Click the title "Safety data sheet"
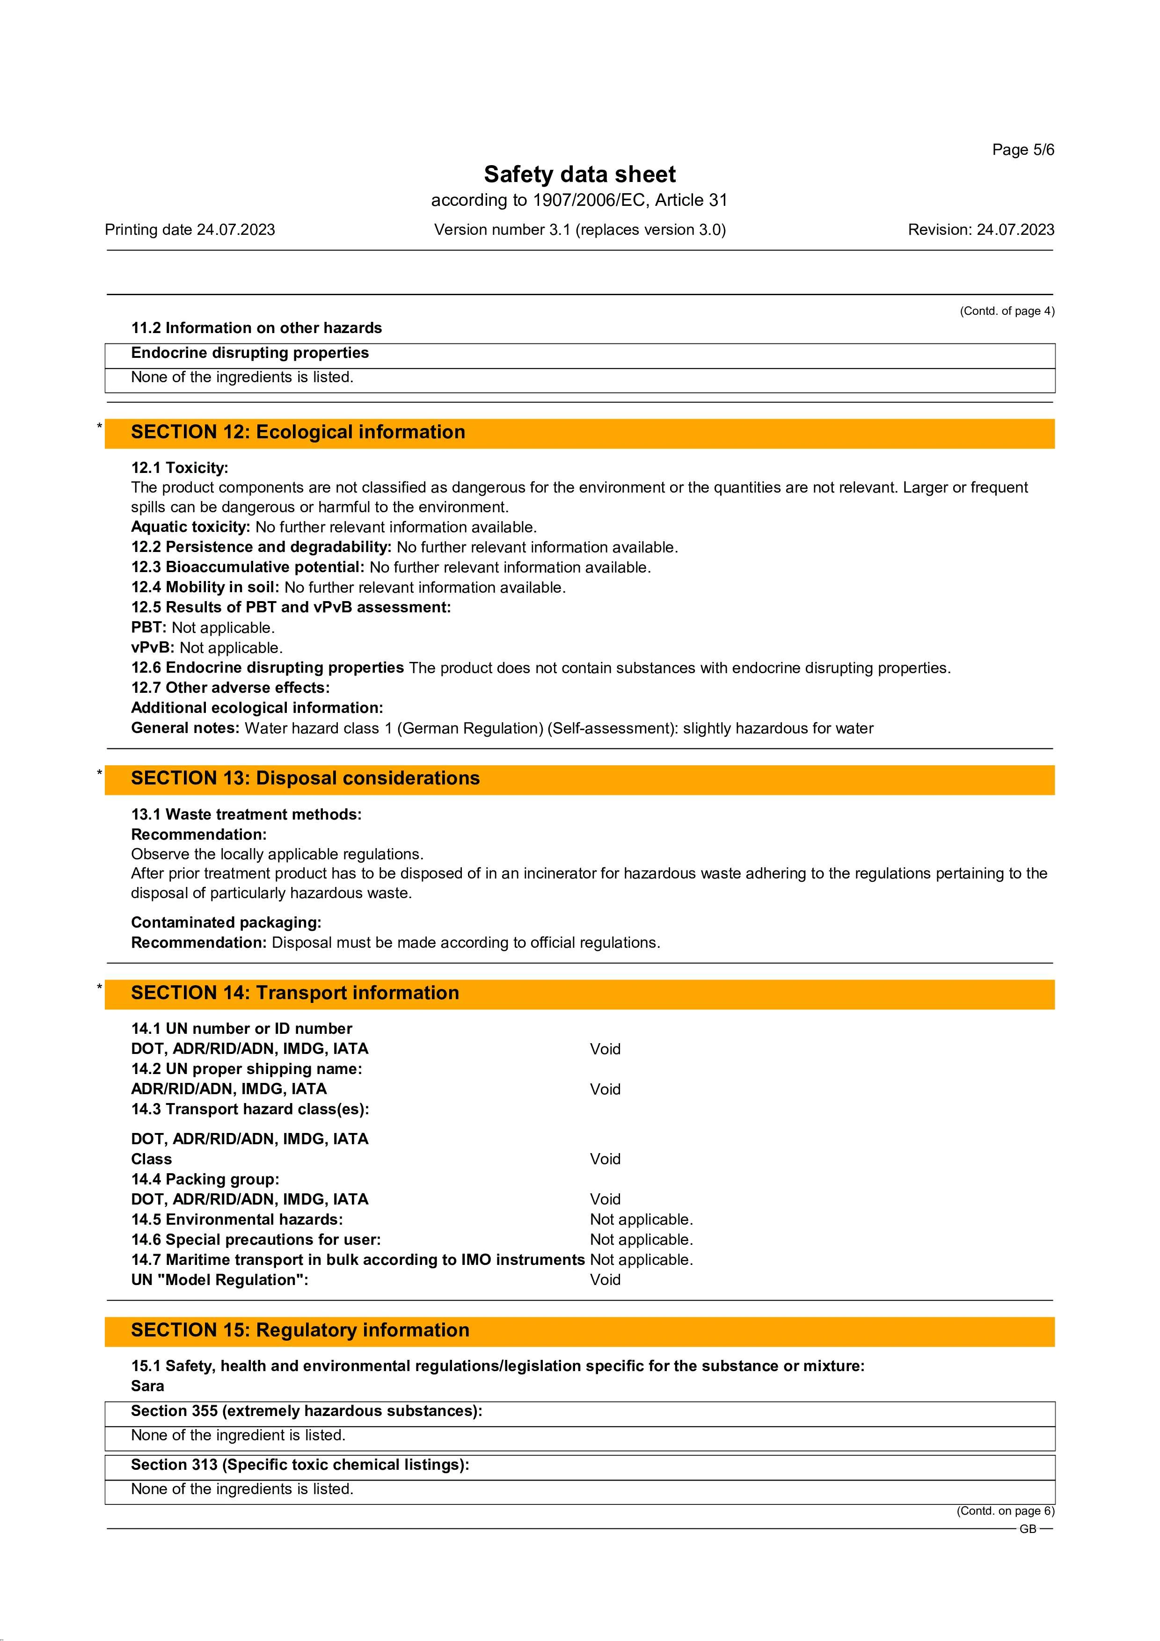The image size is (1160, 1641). point(580,174)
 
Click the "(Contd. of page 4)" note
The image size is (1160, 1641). point(1007,311)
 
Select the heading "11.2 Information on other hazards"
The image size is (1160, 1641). point(256,328)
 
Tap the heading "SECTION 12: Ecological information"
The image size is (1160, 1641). point(298,432)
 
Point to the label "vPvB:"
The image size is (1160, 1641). point(153,647)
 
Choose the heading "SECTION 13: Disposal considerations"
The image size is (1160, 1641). point(305,778)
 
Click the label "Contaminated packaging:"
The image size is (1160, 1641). point(226,922)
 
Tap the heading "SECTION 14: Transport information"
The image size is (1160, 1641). point(294,993)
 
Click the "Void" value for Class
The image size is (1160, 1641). point(605,1159)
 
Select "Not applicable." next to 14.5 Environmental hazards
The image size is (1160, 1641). point(641,1220)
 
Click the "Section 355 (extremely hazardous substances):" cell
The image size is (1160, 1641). point(306,1411)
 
